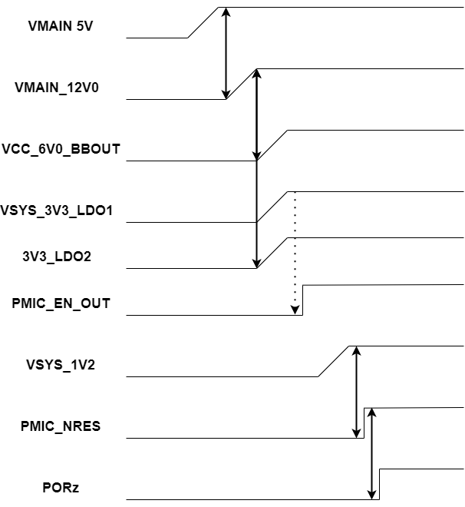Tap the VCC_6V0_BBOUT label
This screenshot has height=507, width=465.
coord(61,149)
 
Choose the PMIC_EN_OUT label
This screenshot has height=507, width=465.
coord(61,303)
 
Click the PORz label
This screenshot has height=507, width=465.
coord(58,487)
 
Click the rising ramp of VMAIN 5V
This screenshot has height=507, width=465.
coord(204,22)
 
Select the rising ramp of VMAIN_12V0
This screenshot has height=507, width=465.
coord(241,84)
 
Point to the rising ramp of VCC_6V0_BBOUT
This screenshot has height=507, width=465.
coord(272,145)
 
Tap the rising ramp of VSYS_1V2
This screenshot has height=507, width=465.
coord(334,361)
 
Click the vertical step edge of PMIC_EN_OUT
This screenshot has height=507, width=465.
coord(302,300)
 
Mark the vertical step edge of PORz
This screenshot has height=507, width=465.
coord(379,484)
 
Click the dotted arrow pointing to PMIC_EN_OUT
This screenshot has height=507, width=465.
coord(295,253)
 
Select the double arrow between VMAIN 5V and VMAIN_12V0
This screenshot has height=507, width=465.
coord(226,54)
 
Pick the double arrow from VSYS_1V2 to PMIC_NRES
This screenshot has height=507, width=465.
coord(356,392)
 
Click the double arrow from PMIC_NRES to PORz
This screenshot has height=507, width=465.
coord(371,453)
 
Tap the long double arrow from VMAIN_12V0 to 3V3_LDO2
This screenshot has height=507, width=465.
coord(256,169)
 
